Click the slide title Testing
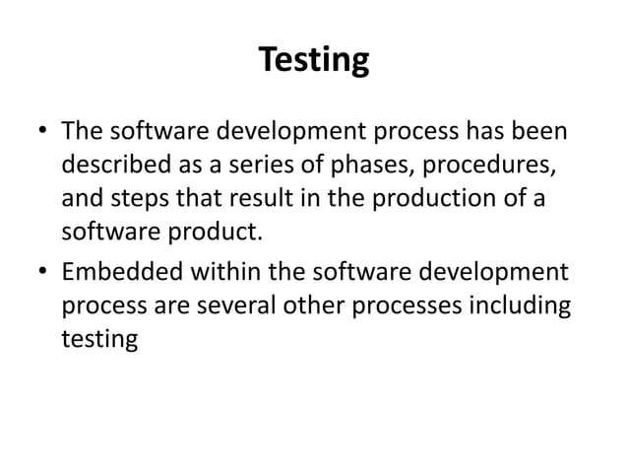pyautogui.click(x=314, y=61)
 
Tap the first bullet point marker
pyautogui.click(x=41, y=131)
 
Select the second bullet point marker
pyautogui.click(x=41, y=272)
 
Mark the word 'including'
pyautogui.click(x=523, y=305)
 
